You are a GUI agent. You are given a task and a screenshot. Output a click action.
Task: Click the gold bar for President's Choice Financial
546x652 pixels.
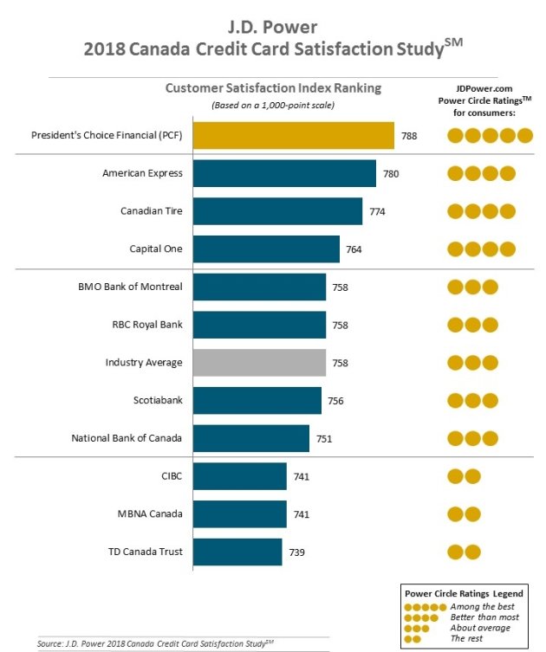(x=293, y=135)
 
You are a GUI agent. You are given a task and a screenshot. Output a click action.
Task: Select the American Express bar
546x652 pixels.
(x=284, y=173)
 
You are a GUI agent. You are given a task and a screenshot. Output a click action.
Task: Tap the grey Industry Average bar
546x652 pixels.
(x=259, y=362)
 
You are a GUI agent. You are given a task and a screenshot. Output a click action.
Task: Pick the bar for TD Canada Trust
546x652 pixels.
(x=237, y=552)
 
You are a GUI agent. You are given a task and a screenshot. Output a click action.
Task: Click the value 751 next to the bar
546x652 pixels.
(x=324, y=438)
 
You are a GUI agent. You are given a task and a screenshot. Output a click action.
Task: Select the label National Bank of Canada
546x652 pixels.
(x=127, y=438)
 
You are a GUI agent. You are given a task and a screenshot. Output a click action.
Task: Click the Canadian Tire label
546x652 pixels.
(x=152, y=211)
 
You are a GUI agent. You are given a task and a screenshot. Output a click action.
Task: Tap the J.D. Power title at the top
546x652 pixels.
(x=271, y=22)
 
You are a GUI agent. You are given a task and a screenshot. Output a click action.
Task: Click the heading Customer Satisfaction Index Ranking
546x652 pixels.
(x=273, y=87)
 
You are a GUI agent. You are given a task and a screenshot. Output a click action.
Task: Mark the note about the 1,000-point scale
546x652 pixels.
(x=273, y=105)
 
